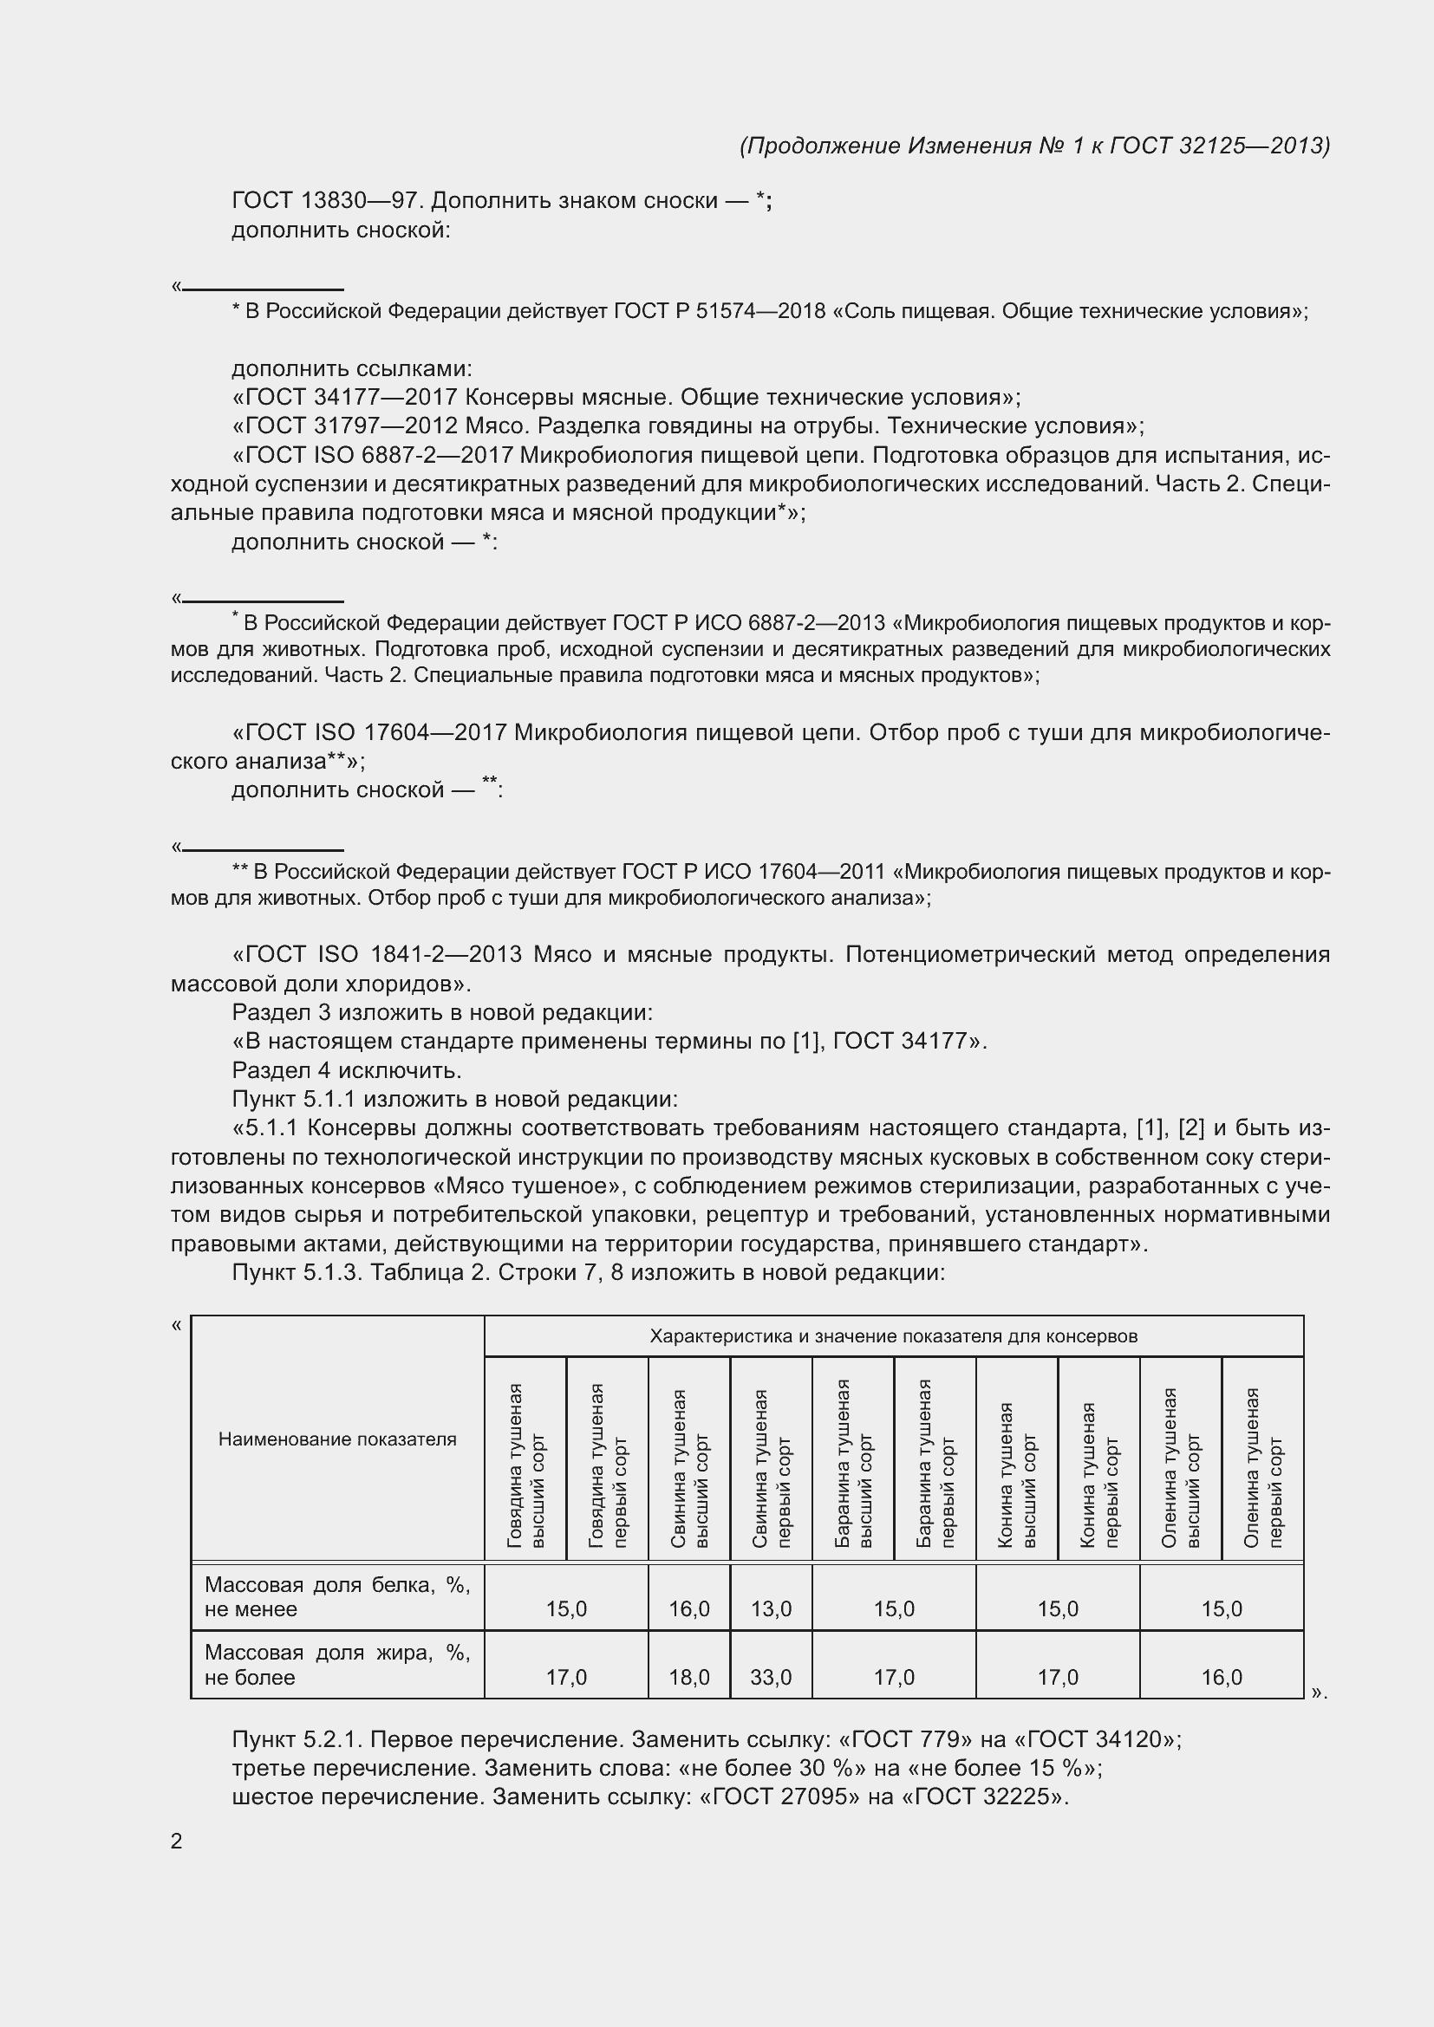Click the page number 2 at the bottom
[x=177, y=1841]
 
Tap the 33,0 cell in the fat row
[x=771, y=1677]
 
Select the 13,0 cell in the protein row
[x=771, y=1608]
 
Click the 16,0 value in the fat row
[x=1222, y=1677]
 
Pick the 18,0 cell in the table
[x=688, y=1677]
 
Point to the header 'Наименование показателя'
[x=337, y=1439]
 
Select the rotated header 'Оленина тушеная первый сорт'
[x=1262, y=1466]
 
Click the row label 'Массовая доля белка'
[x=337, y=1597]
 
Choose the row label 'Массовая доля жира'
[x=337, y=1665]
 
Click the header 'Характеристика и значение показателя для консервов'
[x=894, y=1336]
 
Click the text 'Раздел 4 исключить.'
[x=347, y=1071]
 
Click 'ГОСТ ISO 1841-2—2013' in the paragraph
[x=382, y=955]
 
